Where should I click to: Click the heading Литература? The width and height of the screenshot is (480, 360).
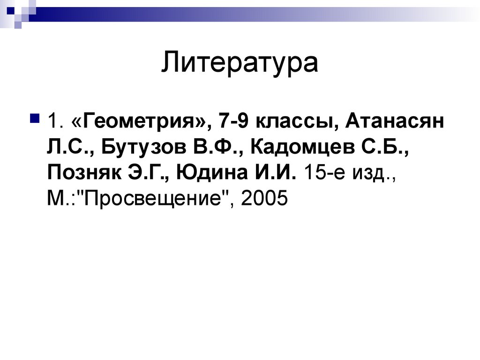tap(240, 64)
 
